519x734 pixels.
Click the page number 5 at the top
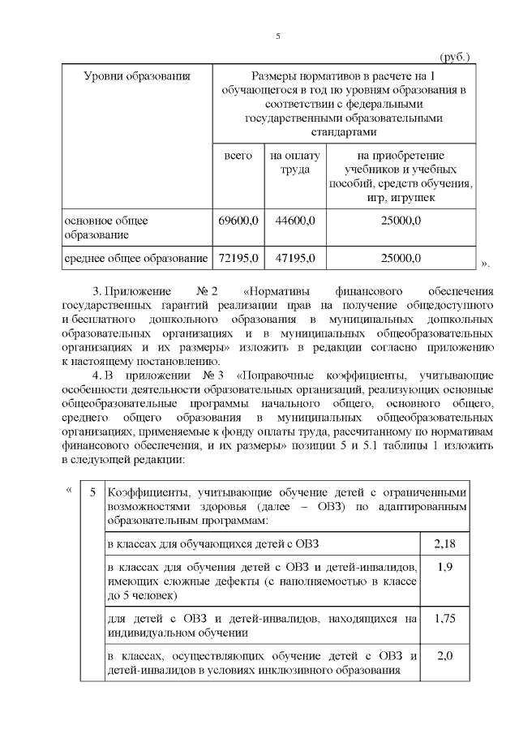pos(278,36)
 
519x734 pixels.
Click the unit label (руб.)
pos(454,58)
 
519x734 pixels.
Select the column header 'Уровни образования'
pos(137,76)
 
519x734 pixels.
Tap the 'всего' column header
pos(238,155)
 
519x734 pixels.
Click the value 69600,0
pos(238,220)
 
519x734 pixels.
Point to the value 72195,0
pos(238,259)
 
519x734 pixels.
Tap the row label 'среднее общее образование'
pos(136,259)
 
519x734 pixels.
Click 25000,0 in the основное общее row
pos(401,220)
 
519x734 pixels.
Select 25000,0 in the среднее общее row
pos(401,259)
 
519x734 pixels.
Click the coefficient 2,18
pos(444,542)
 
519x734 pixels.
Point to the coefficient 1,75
pos(444,618)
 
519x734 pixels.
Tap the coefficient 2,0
pos(444,656)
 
